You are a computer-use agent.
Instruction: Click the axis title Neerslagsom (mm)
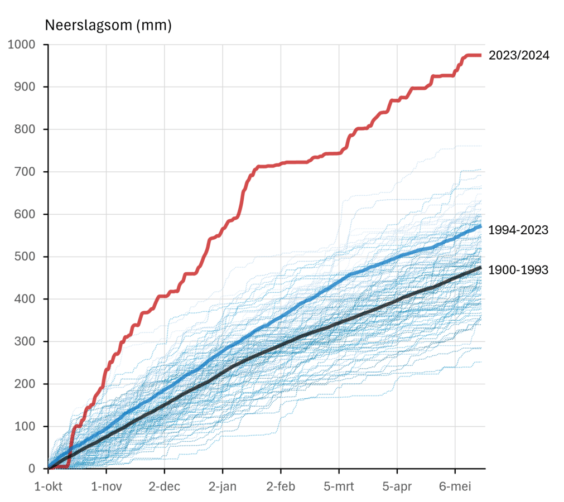point(108,25)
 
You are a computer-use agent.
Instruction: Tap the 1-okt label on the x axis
point(48,486)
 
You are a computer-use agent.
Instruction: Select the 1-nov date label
point(106,486)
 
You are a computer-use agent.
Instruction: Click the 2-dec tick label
point(164,486)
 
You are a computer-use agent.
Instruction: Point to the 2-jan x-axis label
point(223,486)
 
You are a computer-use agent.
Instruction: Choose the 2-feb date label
point(281,486)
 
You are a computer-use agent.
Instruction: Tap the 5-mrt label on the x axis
point(339,486)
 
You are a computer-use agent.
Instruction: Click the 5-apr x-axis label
point(397,486)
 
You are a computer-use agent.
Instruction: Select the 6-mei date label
point(455,486)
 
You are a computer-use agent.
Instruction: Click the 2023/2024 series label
point(518,55)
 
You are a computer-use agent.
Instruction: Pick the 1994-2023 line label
point(518,229)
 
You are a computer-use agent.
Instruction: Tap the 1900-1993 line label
point(518,270)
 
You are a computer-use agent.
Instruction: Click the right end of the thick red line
point(480,55)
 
